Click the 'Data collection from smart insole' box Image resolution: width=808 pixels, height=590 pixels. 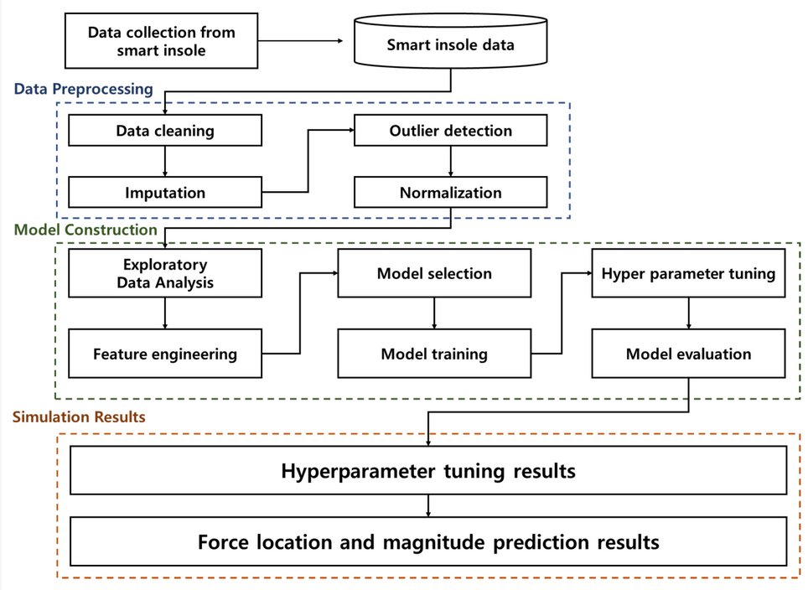pos(161,41)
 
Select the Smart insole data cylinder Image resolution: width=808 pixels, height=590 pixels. pos(450,41)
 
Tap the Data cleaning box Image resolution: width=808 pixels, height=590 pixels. pos(165,131)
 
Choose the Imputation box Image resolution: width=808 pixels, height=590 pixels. pos(165,192)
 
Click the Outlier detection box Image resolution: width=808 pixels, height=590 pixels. pos(450,131)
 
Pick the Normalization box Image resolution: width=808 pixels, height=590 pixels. pos(450,192)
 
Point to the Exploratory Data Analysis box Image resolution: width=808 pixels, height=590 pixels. pos(165,273)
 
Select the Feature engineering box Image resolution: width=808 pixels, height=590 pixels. pos(165,354)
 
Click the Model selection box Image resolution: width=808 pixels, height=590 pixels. pos(434,273)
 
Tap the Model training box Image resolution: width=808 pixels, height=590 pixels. pos(434,354)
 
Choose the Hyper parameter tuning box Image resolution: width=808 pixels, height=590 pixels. pos(688,273)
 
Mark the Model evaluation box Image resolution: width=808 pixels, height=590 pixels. pos(688,354)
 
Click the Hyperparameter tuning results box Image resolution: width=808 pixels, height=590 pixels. pos(428,470)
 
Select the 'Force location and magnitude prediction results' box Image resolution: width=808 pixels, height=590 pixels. pos(428,541)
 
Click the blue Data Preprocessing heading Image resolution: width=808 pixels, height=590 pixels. pos(84,89)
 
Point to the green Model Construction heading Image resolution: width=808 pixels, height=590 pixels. pos(85,230)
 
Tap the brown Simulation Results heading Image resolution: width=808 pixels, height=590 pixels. pos(79,417)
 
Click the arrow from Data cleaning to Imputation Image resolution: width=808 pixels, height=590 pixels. pos(165,161)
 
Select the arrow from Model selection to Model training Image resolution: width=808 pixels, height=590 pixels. pos(434,313)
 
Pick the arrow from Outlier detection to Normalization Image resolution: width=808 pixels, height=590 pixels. pos(450,161)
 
